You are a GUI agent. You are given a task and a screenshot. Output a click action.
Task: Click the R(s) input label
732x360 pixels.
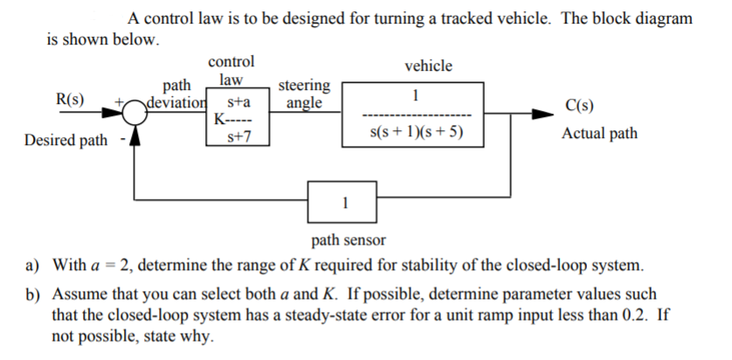tap(70, 98)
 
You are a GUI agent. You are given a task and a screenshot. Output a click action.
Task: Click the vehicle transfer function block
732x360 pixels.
tap(417, 113)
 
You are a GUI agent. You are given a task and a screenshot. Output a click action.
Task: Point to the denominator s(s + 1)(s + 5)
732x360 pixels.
tap(417, 134)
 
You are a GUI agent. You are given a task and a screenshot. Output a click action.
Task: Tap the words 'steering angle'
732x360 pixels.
tap(303, 94)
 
